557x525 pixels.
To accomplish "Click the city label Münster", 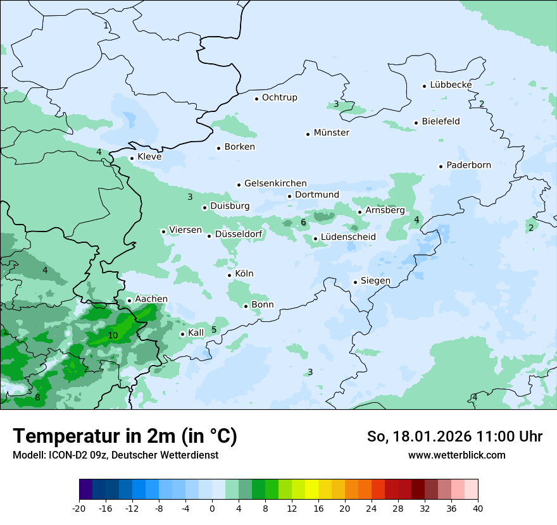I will click(x=332, y=133).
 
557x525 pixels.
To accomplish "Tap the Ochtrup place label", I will click(x=280, y=97).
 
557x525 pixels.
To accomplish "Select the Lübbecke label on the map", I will click(x=451, y=85).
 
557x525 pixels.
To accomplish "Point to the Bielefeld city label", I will click(x=441, y=121).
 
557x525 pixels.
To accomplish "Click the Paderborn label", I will click(x=468, y=165).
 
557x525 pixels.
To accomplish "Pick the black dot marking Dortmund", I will click(x=289, y=196).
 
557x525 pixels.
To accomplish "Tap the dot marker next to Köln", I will click(x=230, y=275).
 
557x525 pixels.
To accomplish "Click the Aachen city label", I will click(x=151, y=299).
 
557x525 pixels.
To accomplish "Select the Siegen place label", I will click(x=375, y=281).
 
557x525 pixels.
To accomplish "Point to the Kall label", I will click(x=196, y=333).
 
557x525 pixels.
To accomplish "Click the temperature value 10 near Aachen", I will click(x=113, y=335).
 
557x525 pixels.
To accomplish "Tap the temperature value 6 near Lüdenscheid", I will click(x=303, y=222).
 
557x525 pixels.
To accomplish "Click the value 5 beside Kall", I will click(x=214, y=330).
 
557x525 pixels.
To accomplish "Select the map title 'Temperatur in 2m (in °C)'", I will click(x=125, y=436).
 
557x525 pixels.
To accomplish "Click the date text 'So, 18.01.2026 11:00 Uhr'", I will click(x=454, y=436).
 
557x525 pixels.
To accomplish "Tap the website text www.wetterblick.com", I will click(x=456, y=455).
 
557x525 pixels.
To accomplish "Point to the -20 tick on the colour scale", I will click(x=79, y=508).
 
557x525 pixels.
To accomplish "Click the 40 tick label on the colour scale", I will click(x=478, y=508).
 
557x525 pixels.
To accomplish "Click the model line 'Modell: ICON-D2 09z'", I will click(x=115, y=455).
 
